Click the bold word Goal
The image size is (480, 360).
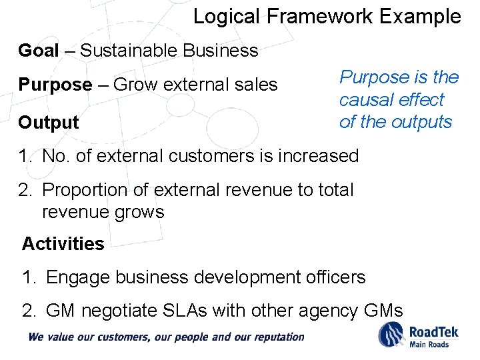pyautogui.click(x=39, y=50)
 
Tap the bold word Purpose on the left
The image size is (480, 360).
pyautogui.click(x=55, y=85)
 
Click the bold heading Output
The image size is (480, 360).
pyautogui.click(x=49, y=123)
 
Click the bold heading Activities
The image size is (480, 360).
pyautogui.click(x=63, y=244)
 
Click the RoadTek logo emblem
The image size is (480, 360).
pyautogui.click(x=391, y=334)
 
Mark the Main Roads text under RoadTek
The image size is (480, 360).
pyautogui.click(x=429, y=344)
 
